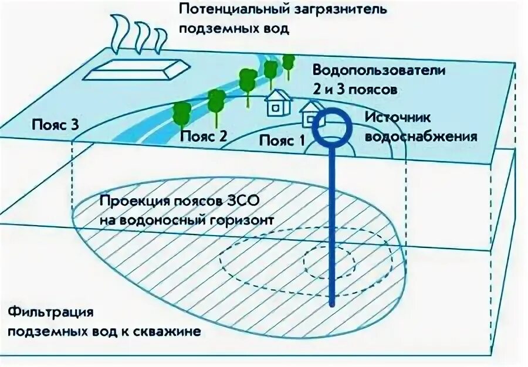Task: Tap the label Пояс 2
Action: click(203, 136)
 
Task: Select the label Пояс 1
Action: click(282, 141)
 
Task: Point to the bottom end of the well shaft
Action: click(332, 305)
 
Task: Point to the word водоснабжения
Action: click(421, 137)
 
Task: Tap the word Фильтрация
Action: click(43, 311)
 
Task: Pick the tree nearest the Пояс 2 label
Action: click(181, 112)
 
